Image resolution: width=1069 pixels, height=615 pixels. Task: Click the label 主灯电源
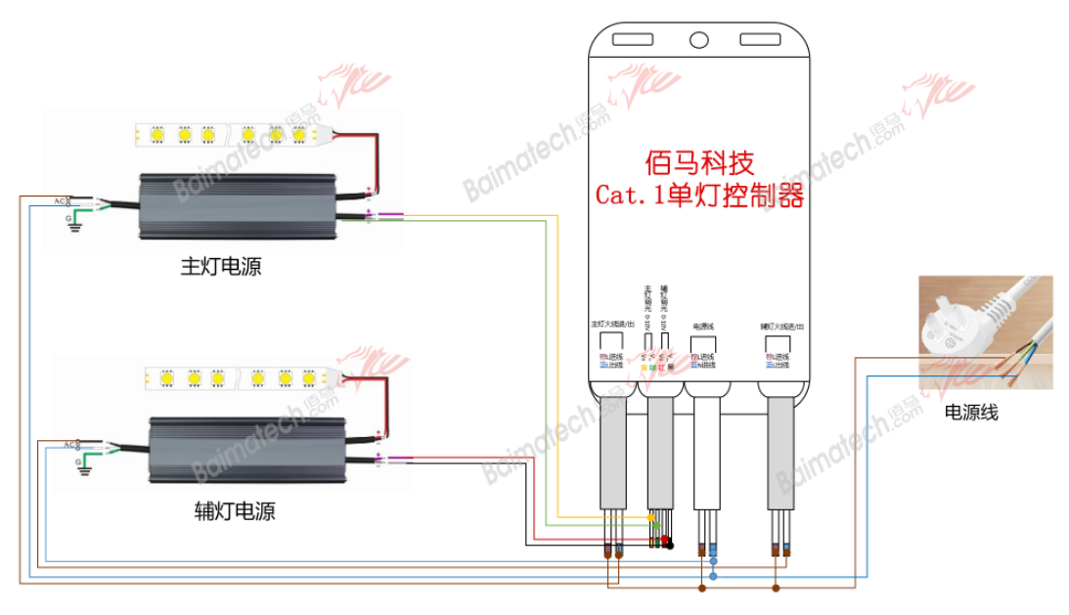pyautogui.click(x=221, y=266)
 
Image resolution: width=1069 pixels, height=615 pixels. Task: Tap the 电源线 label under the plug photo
pyautogui.click(x=971, y=413)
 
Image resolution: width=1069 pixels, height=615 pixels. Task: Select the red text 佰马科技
pyautogui.click(x=700, y=161)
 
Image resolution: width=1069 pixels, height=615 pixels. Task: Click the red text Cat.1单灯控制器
pyautogui.click(x=700, y=197)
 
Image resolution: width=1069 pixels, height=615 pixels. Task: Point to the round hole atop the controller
pyautogui.click(x=699, y=40)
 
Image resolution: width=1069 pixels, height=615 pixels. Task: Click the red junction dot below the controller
pyautogui.click(x=665, y=539)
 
